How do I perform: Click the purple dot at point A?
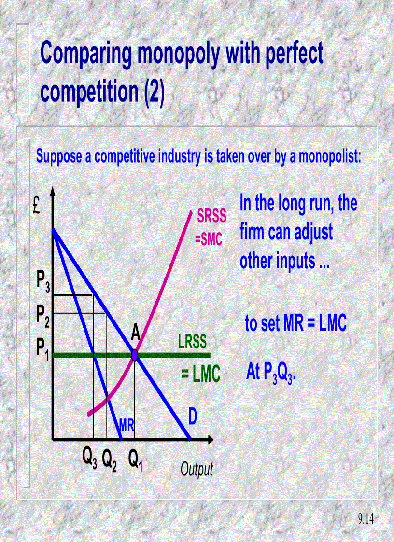pos(135,356)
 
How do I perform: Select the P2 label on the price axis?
pos(43,314)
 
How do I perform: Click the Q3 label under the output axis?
pos(90,456)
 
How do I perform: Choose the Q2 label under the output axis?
pos(110,456)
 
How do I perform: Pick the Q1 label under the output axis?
pos(135,456)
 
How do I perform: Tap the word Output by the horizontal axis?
pos(197,469)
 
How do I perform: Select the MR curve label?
pos(127,426)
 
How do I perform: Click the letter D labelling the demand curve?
pos(192,417)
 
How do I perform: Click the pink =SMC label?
pos(209,239)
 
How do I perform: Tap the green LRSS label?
pos(192,342)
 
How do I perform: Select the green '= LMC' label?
pos(201,375)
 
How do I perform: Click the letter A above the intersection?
pos(135,333)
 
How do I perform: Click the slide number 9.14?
pos(366,519)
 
